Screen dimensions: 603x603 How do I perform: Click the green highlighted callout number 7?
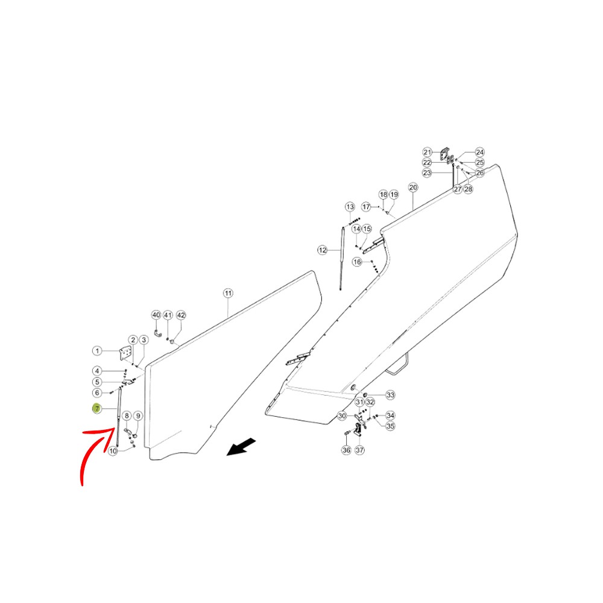pos(96,408)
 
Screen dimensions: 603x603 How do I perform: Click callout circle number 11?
pos(228,294)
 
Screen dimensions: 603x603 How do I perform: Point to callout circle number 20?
pos(412,188)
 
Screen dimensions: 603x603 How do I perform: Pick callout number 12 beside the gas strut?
pos(322,250)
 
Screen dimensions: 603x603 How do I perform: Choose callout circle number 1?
pos(97,351)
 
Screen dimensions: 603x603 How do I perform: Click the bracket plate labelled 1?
pos(125,353)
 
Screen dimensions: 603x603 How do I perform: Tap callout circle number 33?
pos(390,395)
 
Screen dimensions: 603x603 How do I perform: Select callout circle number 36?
pos(347,450)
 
